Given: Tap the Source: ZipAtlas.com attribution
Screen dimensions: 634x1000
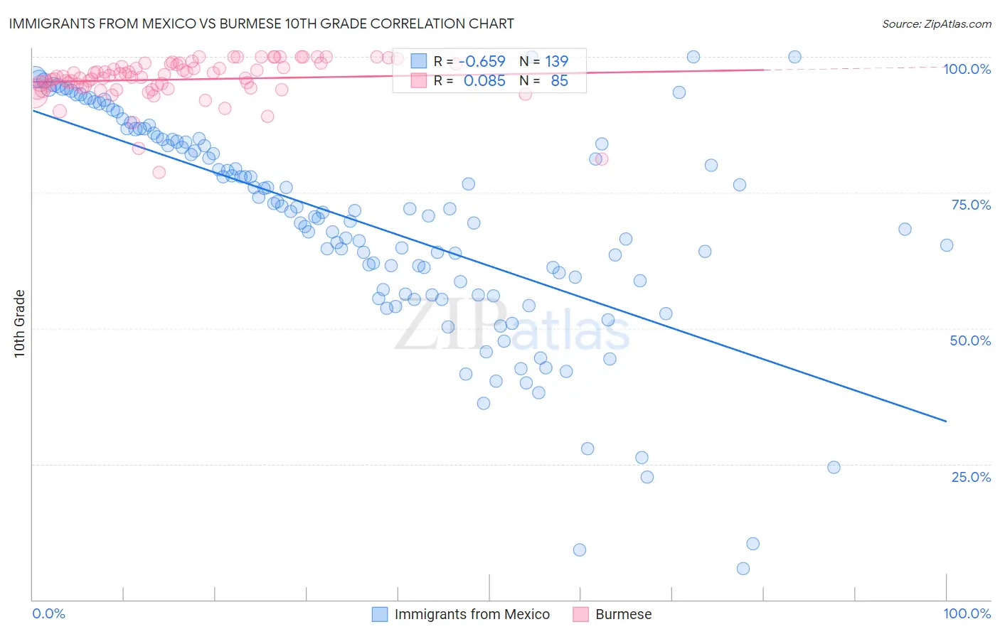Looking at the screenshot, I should [936, 23].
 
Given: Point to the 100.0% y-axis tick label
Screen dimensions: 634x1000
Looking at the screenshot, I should [967, 69].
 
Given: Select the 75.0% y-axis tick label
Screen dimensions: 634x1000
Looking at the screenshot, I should [971, 205].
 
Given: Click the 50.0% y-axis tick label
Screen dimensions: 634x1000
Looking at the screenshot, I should [970, 340].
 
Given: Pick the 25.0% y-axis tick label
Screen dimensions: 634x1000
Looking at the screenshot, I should [971, 476].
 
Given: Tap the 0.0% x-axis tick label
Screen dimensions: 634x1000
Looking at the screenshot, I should [48, 613].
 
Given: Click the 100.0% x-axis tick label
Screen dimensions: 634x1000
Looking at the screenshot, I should [967, 613].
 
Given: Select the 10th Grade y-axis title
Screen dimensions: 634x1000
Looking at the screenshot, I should [19, 323].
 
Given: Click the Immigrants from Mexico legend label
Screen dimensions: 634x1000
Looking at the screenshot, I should [472, 614].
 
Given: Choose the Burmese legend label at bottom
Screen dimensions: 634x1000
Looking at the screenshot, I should [623, 614].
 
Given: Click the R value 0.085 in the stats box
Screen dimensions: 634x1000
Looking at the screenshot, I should [484, 81].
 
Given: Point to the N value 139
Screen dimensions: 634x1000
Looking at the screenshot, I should [557, 62].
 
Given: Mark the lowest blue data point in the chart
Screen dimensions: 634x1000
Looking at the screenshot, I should [743, 569].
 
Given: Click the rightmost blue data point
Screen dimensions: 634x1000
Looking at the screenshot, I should [947, 245].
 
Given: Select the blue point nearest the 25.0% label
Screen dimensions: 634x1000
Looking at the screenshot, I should [834, 467].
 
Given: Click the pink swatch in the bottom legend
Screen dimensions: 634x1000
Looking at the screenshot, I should [581, 614].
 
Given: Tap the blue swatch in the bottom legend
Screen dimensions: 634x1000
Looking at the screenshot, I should [381, 614].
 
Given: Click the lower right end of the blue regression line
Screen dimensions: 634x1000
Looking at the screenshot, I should [947, 421].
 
